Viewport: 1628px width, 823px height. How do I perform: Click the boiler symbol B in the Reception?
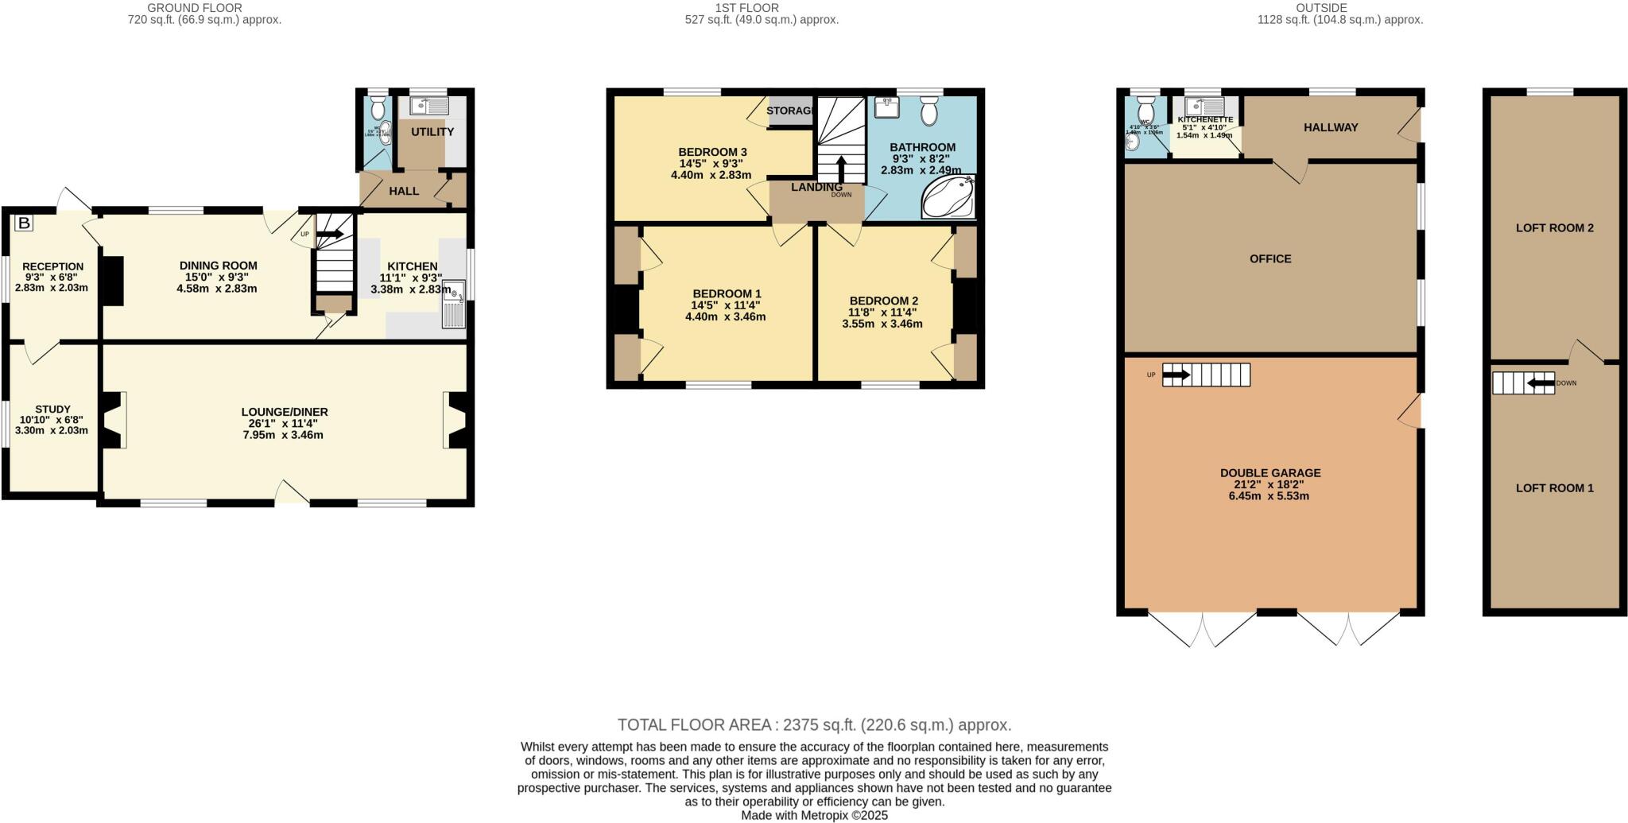[24, 223]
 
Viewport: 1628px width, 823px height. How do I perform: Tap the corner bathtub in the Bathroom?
[948, 198]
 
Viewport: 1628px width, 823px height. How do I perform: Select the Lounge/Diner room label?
[285, 412]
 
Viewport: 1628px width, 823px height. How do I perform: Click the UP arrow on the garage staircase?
[1176, 375]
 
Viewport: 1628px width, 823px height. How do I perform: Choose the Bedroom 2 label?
[883, 301]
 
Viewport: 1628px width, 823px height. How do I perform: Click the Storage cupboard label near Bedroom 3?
[790, 111]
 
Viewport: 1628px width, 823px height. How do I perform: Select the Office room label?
[1270, 258]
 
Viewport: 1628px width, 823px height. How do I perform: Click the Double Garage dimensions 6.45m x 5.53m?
[1269, 495]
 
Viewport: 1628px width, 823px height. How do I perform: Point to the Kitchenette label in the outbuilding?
[1205, 119]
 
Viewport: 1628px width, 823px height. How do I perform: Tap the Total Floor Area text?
[814, 724]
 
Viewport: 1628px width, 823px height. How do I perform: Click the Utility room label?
[432, 132]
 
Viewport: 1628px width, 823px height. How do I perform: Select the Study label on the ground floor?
[52, 409]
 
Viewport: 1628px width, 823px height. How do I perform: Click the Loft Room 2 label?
[1554, 227]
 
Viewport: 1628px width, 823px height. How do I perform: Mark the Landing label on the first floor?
[816, 187]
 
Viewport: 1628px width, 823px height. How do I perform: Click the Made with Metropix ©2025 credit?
[814, 815]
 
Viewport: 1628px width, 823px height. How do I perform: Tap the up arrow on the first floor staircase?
[841, 169]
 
